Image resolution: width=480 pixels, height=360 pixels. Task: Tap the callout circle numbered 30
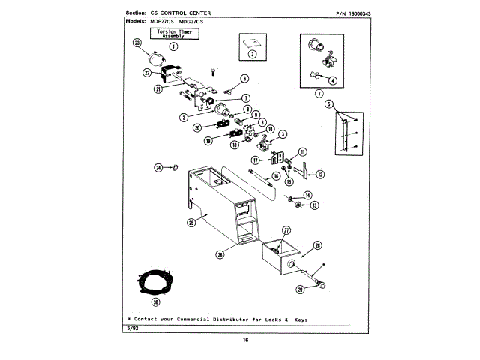click(x=155, y=302)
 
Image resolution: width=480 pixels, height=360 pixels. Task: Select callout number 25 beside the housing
click(x=191, y=222)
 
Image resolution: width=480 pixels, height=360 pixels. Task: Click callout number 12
click(x=320, y=174)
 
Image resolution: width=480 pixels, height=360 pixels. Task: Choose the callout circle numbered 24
click(x=158, y=167)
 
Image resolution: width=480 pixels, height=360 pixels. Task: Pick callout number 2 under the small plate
click(x=253, y=55)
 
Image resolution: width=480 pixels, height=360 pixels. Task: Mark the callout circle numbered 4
click(x=332, y=80)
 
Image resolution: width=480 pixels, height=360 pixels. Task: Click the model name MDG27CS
click(x=190, y=22)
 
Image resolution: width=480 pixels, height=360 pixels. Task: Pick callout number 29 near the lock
click(x=300, y=288)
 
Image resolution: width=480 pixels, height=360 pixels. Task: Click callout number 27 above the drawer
click(x=286, y=229)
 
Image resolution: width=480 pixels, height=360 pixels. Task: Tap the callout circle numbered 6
click(x=244, y=78)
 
